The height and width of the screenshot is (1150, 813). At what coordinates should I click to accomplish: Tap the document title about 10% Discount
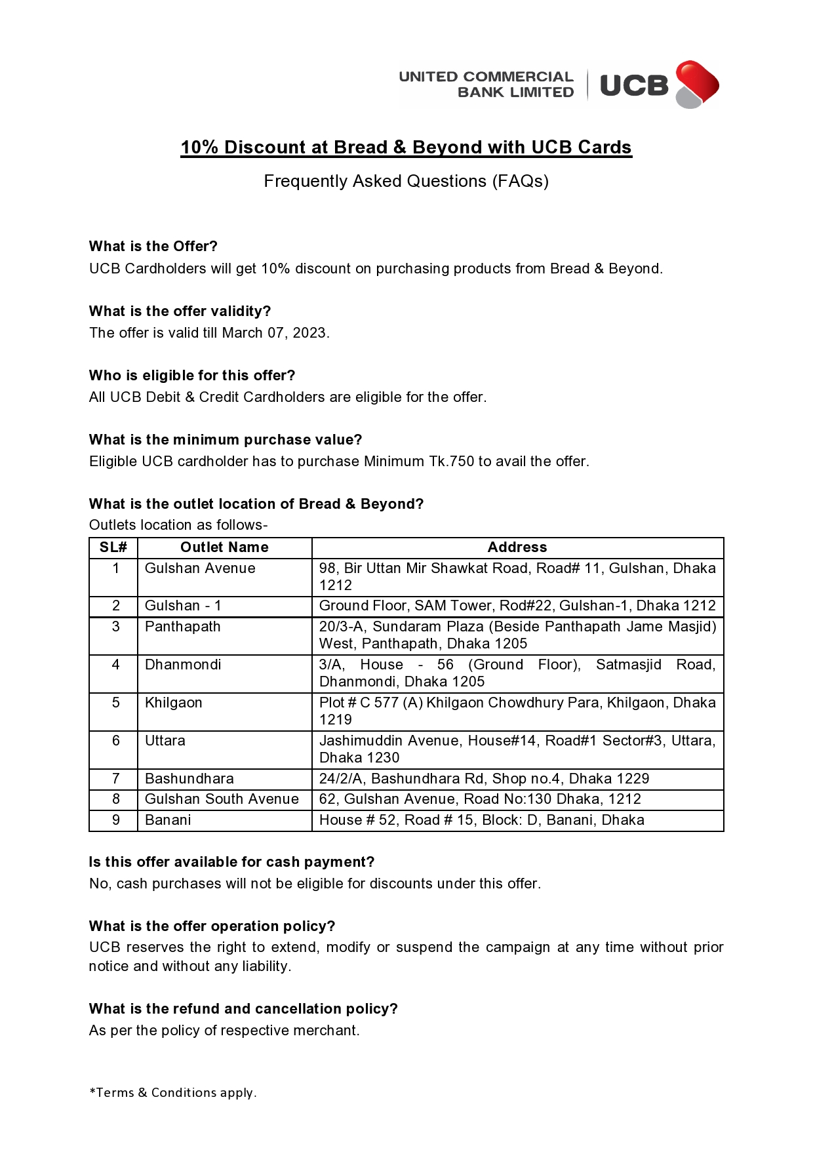406,148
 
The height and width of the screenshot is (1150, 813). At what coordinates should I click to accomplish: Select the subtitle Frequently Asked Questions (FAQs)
406,182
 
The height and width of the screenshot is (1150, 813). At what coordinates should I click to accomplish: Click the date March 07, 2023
275,333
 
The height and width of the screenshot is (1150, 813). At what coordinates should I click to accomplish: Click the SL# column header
113,547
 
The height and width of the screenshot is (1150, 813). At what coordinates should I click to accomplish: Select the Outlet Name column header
224,547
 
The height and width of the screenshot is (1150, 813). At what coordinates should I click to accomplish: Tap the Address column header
517,547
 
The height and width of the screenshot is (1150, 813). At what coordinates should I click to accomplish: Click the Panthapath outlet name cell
183,627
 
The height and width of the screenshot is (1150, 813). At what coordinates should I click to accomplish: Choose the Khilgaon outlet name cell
174,703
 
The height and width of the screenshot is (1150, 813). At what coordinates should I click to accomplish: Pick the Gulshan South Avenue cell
222,799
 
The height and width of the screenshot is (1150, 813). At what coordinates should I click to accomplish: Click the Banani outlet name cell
168,820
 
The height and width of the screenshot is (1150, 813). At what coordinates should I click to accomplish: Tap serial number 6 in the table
116,741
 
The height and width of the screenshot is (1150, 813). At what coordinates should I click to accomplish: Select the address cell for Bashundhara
484,779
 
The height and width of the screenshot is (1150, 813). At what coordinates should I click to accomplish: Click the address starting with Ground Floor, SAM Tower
517,606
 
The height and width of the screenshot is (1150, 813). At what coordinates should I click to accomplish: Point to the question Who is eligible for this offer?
192,376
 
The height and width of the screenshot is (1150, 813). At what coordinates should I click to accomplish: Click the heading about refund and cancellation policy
243,1009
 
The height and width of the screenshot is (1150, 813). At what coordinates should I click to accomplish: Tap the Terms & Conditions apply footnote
173,1093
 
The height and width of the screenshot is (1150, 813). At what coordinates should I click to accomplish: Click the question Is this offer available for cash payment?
231,862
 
